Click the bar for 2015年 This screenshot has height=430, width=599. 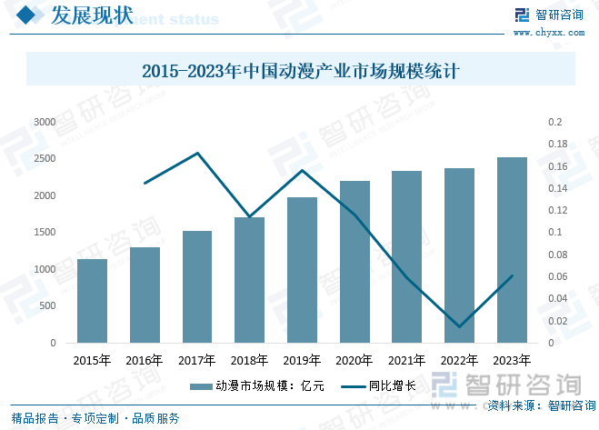coord(92,301)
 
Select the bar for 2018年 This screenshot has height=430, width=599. coord(249,280)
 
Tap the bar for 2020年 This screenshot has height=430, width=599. coord(354,262)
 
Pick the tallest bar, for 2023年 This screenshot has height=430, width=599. coord(512,250)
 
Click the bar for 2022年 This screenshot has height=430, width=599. coord(459,255)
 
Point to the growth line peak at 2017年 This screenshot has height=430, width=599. coord(197,153)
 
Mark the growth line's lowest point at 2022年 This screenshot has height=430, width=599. coord(459,326)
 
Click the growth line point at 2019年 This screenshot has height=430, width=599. coord(302,170)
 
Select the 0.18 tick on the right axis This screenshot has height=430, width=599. coord(556,144)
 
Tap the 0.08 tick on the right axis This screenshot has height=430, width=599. coord(556,255)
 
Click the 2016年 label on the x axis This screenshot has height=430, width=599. coord(145,361)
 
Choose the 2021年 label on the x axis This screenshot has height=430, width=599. coord(407,361)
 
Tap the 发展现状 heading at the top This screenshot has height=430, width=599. coord(92,15)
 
